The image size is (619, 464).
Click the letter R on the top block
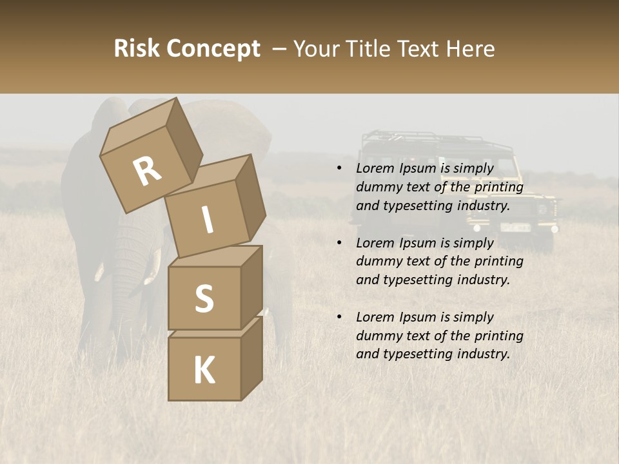pyautogui.click(x=148, y=171)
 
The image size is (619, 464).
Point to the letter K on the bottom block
pyautogui.click(x=204, y=371)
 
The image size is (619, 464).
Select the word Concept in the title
pyautogui.click(x=213, y=49)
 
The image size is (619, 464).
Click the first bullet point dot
pyautogui.click(x=339, y=169)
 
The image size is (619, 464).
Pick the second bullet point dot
pyautogui.click(x=339, y=244)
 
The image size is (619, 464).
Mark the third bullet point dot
pyautogui.click(x=339, y=318)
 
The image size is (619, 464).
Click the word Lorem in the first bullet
pyautogui.click(x=374, y=169)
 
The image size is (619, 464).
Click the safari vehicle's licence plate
pyautogui.click(x=516, y=227)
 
